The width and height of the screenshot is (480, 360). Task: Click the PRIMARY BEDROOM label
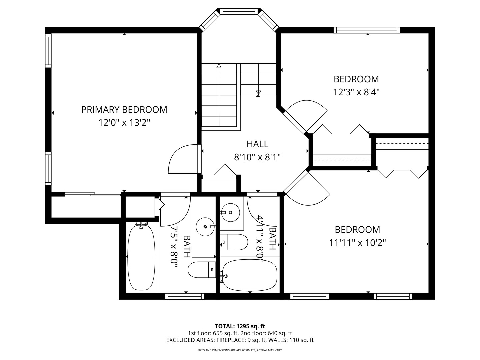124,109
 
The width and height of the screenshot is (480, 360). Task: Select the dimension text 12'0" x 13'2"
124,123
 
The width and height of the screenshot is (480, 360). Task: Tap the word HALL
257,144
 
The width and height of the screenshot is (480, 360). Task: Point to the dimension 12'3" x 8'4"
356,92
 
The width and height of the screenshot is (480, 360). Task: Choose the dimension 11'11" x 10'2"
357,243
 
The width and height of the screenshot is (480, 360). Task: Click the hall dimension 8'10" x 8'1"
257,157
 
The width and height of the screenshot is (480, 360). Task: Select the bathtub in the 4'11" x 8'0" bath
250,275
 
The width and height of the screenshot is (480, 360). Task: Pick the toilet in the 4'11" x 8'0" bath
234,242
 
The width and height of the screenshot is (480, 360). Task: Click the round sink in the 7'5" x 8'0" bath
204,227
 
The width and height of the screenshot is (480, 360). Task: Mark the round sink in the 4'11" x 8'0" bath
230,212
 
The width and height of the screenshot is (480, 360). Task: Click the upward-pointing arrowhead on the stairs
219,66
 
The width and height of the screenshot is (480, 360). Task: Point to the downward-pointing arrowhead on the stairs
258,93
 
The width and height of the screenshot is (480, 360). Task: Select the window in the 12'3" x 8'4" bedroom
367,30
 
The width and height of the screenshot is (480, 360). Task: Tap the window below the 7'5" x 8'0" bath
185,296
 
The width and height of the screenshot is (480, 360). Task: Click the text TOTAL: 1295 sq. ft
240,326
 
